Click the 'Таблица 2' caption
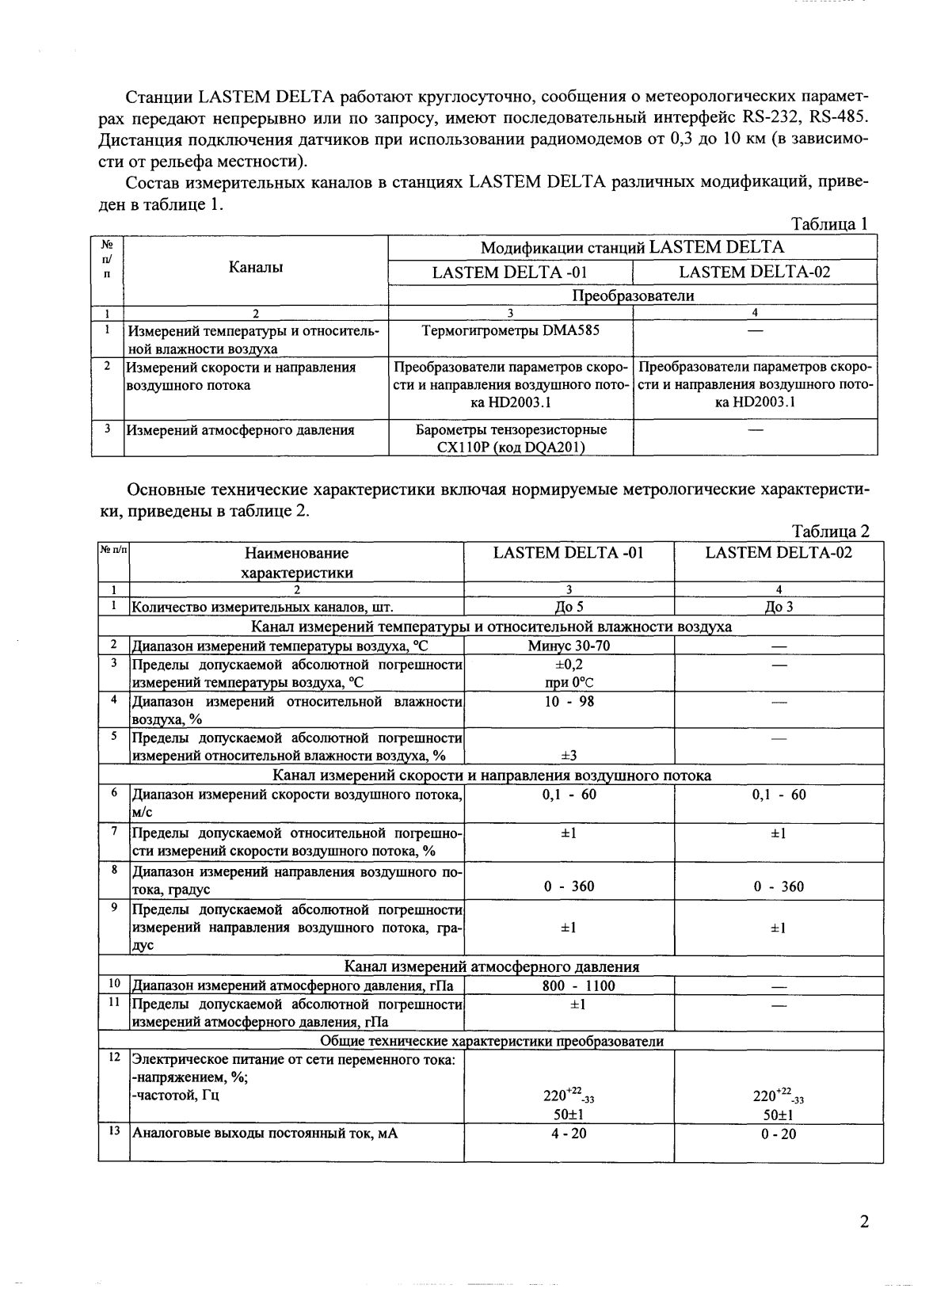click(830, 531)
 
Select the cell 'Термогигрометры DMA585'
click(510, 330)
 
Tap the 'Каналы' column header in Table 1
click(256, 268)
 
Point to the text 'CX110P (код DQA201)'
click(511, 447)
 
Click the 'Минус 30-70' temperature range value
click(569, 646)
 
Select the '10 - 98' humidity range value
click(569, 702)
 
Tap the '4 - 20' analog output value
click(569, 1134)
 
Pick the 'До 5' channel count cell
click(569, 608)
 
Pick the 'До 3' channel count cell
click(779, 608)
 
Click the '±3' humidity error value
click(569, 756)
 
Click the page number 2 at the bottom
click(864, 1222)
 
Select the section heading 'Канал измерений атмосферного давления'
click(491, 966)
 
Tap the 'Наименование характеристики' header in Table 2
click(296, 562)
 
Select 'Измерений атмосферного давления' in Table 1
click(241, 431)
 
